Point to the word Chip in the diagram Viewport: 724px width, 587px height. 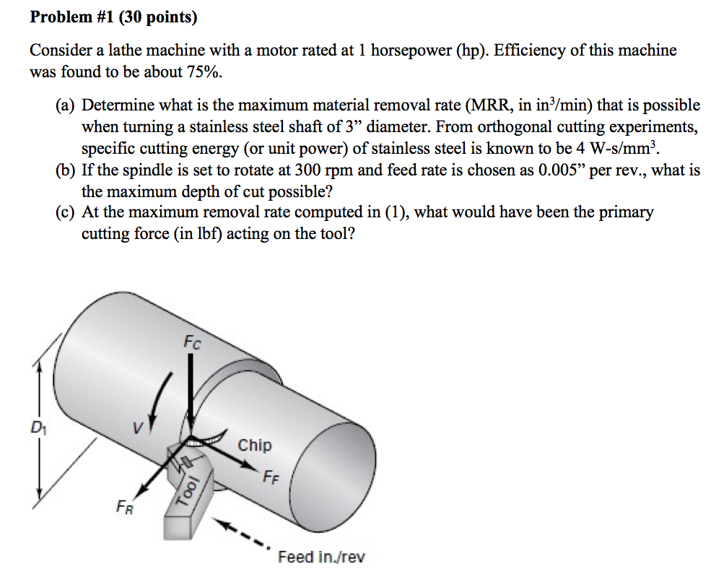[255, 445]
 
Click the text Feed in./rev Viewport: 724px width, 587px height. [321, 557]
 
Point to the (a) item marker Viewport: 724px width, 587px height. [66, 105]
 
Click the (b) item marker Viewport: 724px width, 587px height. [66, 172]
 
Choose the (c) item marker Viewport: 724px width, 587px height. [66, 212]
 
